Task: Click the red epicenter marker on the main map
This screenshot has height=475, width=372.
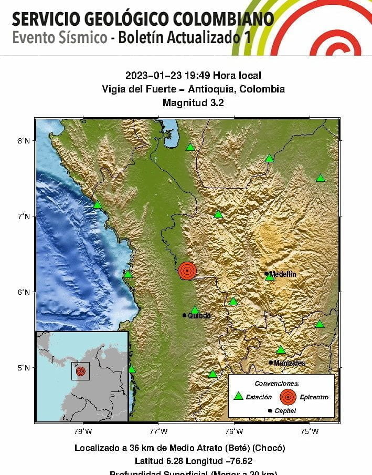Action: pos(187,271)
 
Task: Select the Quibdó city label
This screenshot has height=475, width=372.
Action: pos(199,316)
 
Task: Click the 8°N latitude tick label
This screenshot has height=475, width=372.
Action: pos(24,140)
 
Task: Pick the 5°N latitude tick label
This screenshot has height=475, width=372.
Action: pos(24,367)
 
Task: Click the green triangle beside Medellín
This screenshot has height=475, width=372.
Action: pos(269,277)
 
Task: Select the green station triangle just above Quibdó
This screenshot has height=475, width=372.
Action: pos(195,310)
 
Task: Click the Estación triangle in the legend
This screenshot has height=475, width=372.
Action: pos(238,396)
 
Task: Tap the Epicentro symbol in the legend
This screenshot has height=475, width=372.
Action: pos(288,397)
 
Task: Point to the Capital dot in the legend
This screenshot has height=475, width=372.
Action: pos(270,410)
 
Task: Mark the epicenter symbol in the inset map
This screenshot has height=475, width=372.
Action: pos(80,371)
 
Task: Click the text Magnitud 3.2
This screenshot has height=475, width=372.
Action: pos(194,103)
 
